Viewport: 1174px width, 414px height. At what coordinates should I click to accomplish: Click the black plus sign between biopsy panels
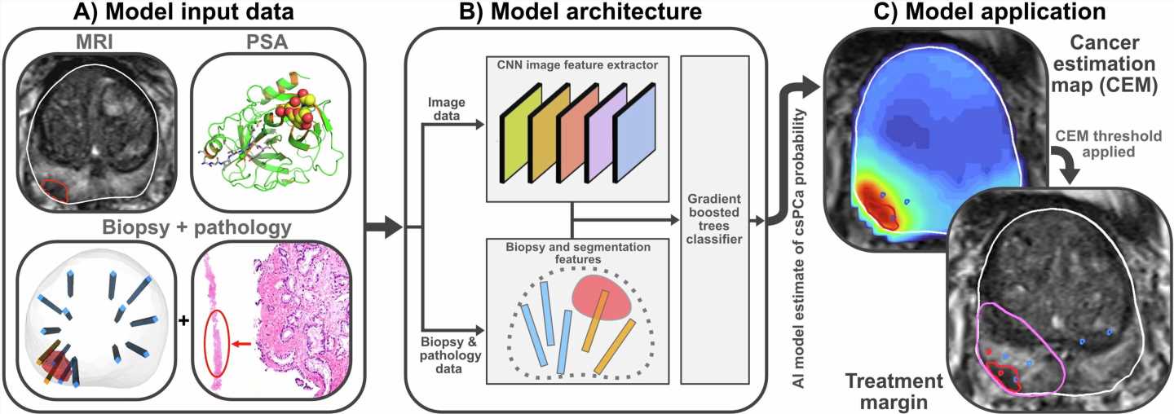point(183,320)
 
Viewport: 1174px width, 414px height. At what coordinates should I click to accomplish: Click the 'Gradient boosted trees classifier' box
point(714,219)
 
